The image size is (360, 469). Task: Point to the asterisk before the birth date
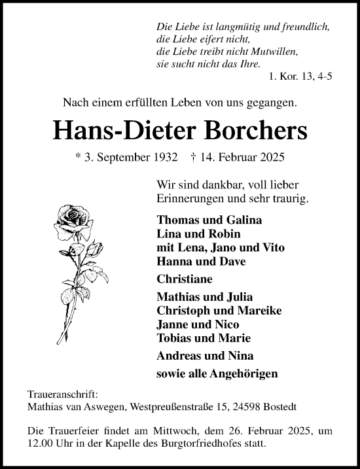(79, 158)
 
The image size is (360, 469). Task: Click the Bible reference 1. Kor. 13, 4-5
(300, 77)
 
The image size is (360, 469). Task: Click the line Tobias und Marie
(204, 338)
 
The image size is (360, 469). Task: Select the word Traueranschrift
(62, 395)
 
